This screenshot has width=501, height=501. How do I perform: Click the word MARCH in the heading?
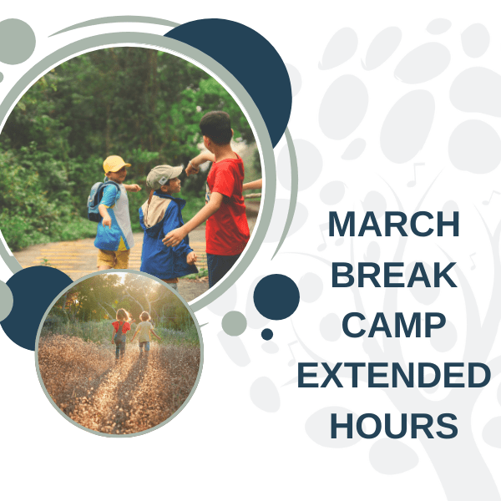click(393, 224)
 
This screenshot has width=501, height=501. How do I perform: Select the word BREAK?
click(393, 275)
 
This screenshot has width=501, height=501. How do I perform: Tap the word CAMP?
click(393, 325)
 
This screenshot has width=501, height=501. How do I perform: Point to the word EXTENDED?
click(393, 375)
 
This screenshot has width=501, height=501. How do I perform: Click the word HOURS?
click(393, 426)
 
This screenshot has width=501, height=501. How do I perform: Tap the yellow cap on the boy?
click(116, 164)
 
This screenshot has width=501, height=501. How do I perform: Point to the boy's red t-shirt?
click(227, 206)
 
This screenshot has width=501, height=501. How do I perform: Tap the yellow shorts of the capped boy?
click(114, 258)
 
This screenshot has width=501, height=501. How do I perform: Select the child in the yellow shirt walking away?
click(144, 332)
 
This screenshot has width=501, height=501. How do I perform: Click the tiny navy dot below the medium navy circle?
click(267, 334)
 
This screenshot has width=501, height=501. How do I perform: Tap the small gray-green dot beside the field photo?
click(235, 323)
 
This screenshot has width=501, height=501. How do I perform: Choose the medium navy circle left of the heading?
click(276, 296)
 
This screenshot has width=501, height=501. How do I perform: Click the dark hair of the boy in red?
click(216, 127)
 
